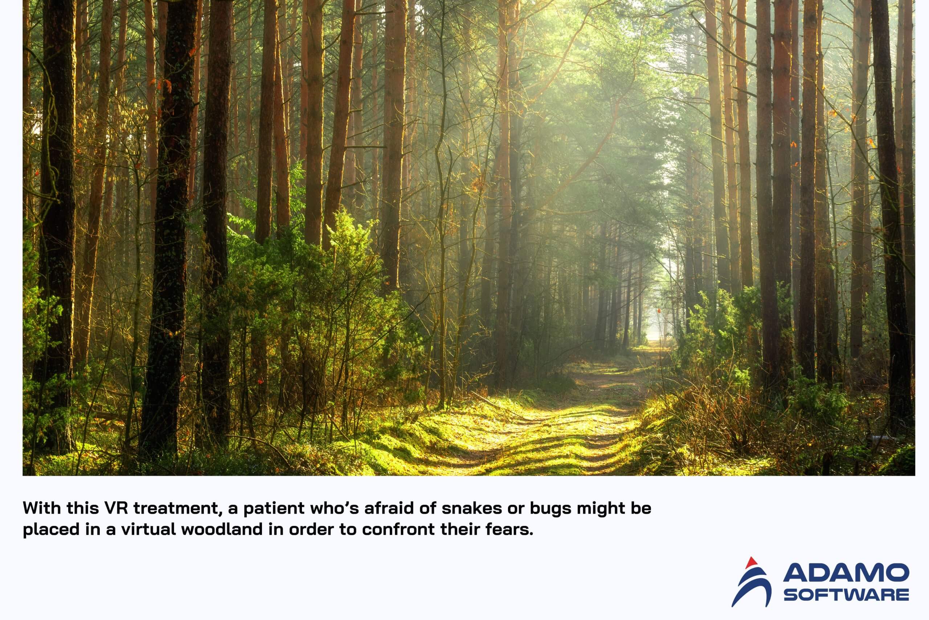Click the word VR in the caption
116,508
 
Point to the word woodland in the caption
221,529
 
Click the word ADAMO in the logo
846,573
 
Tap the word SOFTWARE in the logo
846,594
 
